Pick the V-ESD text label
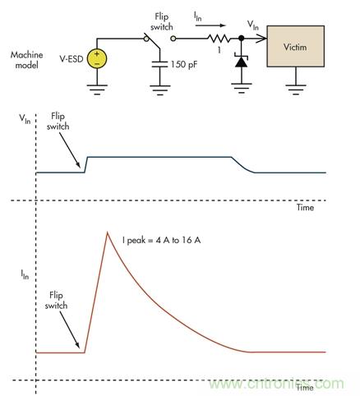coord(68,58)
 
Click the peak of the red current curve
coord(108,233)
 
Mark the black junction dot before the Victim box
coord(241,38)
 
